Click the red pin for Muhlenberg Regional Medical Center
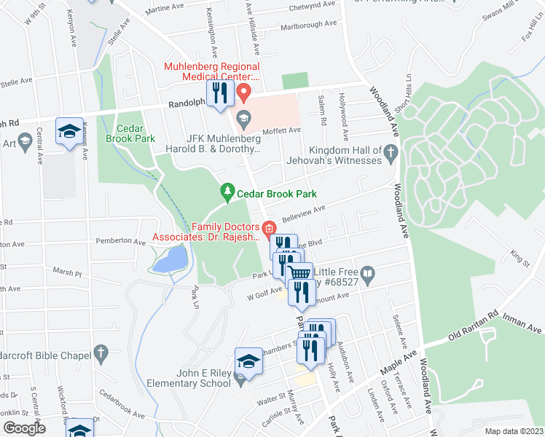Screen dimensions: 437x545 point(245,93)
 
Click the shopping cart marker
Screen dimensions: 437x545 point(300,274)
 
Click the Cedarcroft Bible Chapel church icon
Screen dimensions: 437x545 point(101,355)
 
